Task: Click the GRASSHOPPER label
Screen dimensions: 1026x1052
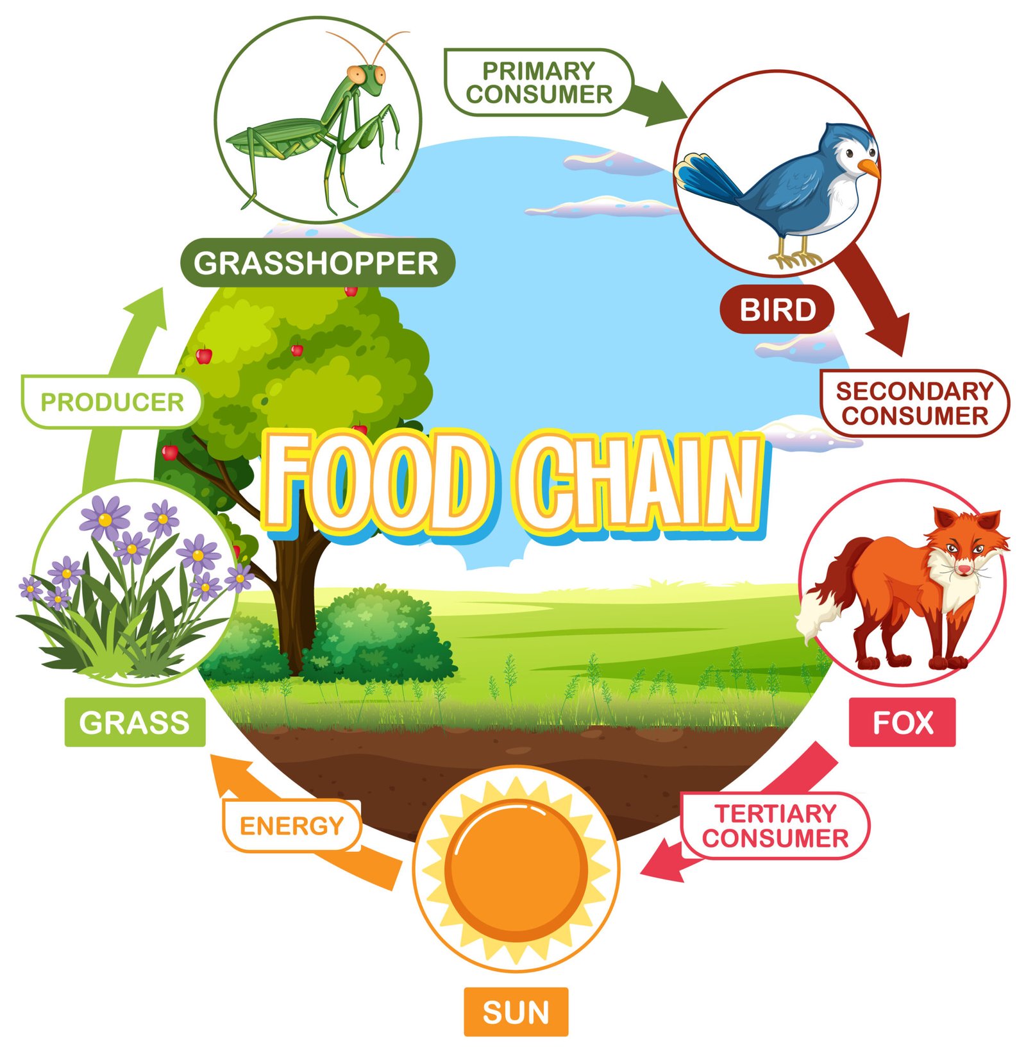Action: pyautogui.click(x=317, y=263)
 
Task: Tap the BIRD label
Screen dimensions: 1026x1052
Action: pyautogui.click(x=777, y=310)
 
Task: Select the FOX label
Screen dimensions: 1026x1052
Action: pyautogui.click(x=902, y=723)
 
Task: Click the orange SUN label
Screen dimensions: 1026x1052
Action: pyautogui.click(x=516, y=1012)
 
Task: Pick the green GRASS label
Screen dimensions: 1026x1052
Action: pyautogui.click(x=135, y=722)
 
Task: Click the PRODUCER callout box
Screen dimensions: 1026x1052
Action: pyautogui.click(x=112, y=402)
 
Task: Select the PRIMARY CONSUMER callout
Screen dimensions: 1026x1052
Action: pyautogui.click(x=539, y=82)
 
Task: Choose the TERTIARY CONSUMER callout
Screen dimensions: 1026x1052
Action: pyautogui.click(x=775, y=826)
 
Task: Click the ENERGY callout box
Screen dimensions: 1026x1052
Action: pyautogui.click(x=292, y=826)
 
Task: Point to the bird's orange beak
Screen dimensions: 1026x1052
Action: pyautogui.click(x=869, y=168)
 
